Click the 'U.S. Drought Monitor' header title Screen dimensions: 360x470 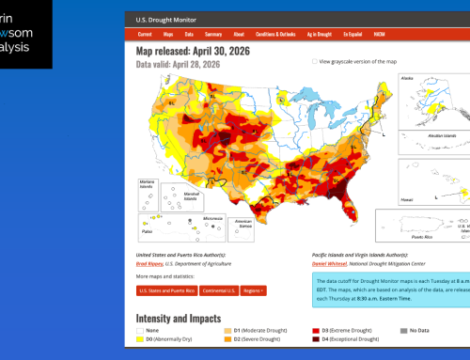[165, 18]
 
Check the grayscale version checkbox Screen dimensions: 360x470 [315, 60]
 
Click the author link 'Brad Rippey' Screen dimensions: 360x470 [154, 264]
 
